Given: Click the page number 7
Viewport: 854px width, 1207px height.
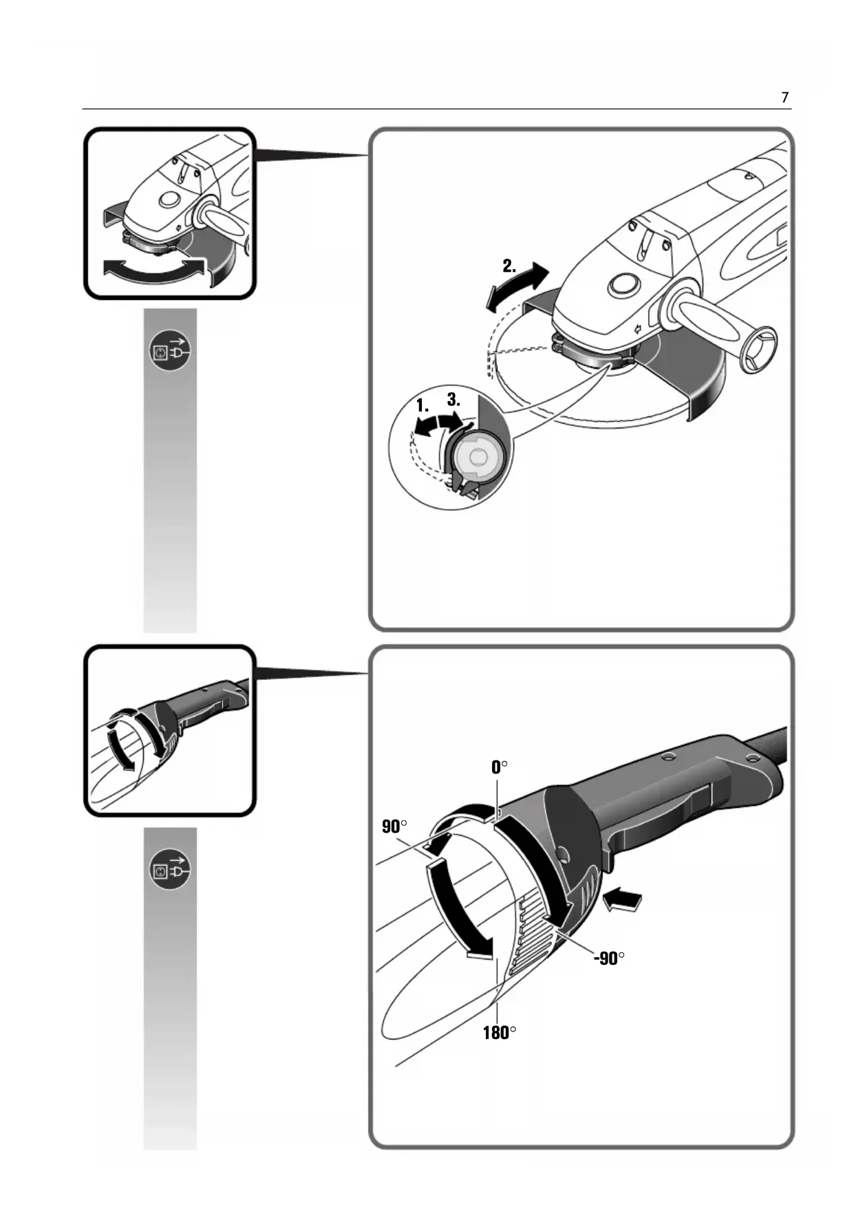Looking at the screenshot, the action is pyautogui.click(x=784, y=98).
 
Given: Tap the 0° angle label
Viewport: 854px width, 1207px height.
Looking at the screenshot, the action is pyautogui.click(x=500, y=767).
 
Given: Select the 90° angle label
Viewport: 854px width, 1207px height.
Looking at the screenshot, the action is pyautogui.click(x=394, y=826).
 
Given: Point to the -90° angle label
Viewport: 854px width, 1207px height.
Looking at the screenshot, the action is pyautogui.click(x=609, y=958).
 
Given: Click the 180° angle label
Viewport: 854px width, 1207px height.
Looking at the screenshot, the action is pyautogui.click(x=499, y=1033).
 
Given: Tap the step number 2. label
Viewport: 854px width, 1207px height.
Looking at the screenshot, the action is pyautogui.click(x=509, y=266).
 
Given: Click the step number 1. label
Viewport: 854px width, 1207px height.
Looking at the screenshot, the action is pyautogui.click(x=422, y=406).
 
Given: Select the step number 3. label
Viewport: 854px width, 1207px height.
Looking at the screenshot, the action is pyautogui.click(x=453, y=399).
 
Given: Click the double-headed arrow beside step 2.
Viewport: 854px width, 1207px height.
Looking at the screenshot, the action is pyautogui.click(x=517, y=288).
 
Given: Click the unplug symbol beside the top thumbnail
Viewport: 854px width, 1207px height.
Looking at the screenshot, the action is pyautogui.click(x=169, y=351).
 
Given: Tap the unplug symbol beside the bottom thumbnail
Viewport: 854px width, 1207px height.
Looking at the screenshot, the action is pyautogui.click(x=169, y=869).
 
